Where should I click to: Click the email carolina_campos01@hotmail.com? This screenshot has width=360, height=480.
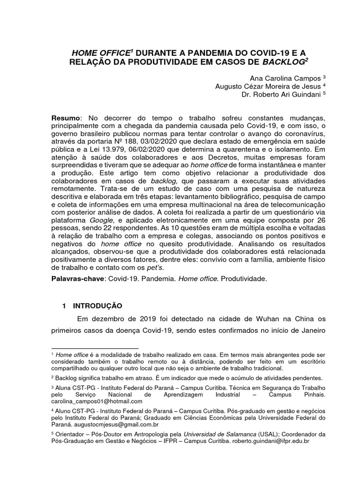coord(97,401)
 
